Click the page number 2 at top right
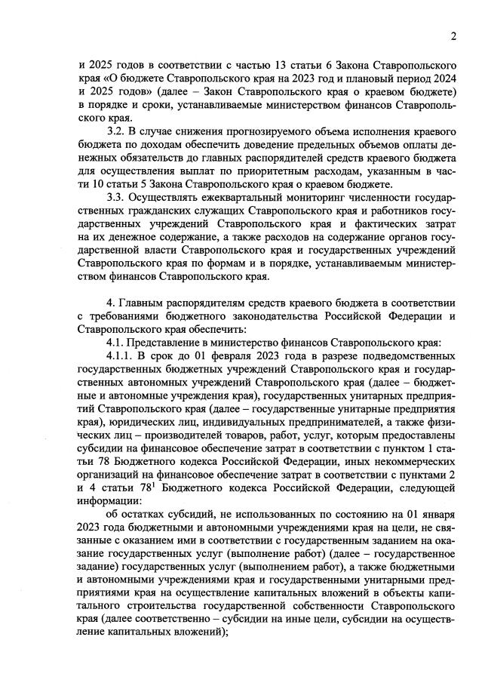click(453, 35)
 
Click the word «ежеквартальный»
click(235, 199)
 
